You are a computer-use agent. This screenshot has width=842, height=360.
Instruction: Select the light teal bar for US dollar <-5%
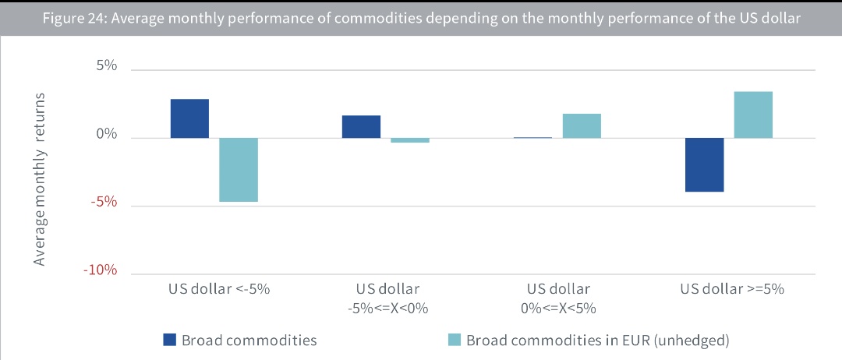point(238,170)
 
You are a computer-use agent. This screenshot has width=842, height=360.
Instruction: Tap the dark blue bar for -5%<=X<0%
point(361,127)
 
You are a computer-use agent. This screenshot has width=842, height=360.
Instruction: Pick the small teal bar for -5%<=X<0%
point(410,140)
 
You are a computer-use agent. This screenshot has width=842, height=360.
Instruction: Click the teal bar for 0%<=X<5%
point(582,126)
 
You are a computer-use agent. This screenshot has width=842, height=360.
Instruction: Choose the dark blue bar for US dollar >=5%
point(705,164)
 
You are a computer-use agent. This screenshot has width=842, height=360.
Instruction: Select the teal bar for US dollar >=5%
point(753,115)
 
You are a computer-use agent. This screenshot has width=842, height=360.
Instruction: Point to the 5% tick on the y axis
point(107,67)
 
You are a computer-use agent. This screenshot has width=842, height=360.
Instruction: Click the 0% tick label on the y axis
point(107,135)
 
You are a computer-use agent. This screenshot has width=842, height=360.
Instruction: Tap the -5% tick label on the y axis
point(104,203)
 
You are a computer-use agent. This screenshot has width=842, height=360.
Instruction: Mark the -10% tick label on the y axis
point(101,270)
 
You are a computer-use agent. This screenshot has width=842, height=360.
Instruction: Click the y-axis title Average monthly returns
point(40,178)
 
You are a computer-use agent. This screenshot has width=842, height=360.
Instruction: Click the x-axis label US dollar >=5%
point(731,289)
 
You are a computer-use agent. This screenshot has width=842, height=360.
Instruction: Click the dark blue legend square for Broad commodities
point(170,339)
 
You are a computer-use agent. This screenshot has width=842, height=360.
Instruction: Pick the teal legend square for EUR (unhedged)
point(454,339)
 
